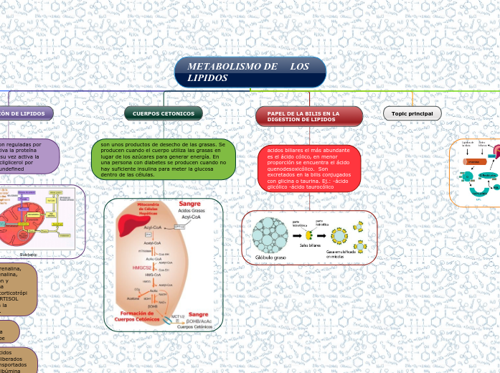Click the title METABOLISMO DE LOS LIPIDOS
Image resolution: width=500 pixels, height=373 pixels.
tap(250, 72)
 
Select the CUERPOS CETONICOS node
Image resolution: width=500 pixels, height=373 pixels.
tap(164, 113)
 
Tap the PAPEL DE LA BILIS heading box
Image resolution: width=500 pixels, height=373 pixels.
tap(308, 116)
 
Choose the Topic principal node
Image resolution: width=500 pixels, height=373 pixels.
tap(412, 113)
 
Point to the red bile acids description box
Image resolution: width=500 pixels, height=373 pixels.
tap(309, 169)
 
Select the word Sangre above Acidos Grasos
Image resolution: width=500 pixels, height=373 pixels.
tap(190, 204)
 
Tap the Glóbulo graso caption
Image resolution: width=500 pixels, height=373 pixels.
tap(270, 257)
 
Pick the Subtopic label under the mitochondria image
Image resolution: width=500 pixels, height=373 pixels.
tap(29, 254)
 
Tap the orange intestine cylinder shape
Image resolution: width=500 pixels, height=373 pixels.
tap(473, 161)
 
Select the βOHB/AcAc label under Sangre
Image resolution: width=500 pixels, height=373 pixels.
tap(199, 321)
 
